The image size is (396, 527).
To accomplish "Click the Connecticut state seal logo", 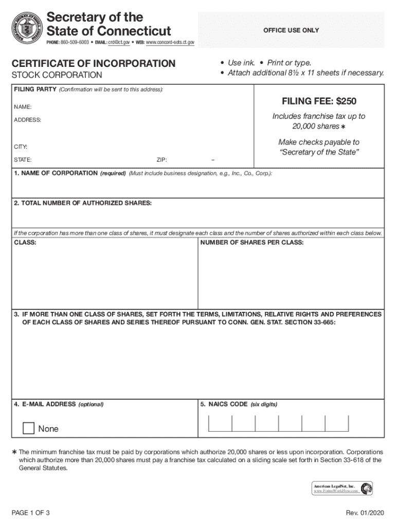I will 27,28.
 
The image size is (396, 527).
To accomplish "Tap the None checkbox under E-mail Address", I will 29,428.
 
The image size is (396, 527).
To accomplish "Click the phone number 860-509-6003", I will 74,42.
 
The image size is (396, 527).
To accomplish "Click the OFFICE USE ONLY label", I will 291,30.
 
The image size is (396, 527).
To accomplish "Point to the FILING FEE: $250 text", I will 318,101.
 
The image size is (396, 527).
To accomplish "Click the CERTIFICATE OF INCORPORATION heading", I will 94,64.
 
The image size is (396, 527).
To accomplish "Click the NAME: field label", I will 23,107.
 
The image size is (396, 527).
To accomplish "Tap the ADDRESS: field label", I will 28,120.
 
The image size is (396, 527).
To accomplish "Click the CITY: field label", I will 21,147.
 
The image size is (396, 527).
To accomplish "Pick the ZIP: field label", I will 161,160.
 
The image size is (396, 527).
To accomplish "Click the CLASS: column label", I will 25,242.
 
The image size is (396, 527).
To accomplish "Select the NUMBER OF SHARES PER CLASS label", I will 252,242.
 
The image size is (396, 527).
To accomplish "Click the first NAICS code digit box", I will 220,423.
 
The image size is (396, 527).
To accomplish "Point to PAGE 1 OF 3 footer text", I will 31,513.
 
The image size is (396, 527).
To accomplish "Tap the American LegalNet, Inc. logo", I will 367,488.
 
